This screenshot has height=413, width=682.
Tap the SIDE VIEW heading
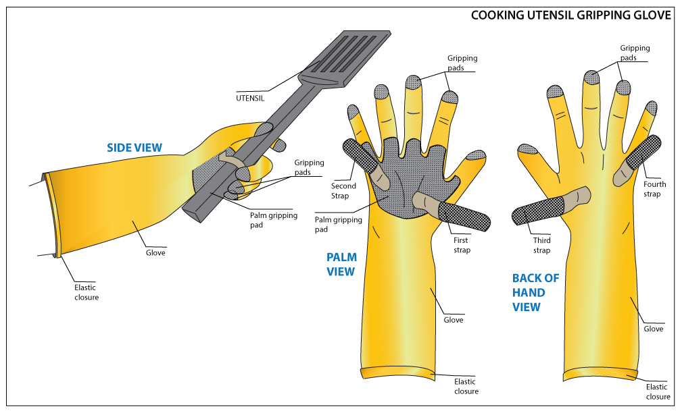135,148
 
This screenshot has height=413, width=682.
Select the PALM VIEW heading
341,264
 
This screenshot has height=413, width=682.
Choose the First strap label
461,245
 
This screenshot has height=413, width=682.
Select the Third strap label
541,245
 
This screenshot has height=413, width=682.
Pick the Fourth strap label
654,189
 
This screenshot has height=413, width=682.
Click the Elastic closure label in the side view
87,292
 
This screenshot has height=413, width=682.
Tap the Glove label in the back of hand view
653,329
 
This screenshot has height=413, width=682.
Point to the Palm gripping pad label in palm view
339,224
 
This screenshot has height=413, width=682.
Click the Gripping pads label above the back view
635,53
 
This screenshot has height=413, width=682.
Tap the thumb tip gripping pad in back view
527,150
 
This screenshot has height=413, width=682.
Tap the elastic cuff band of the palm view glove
399,373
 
